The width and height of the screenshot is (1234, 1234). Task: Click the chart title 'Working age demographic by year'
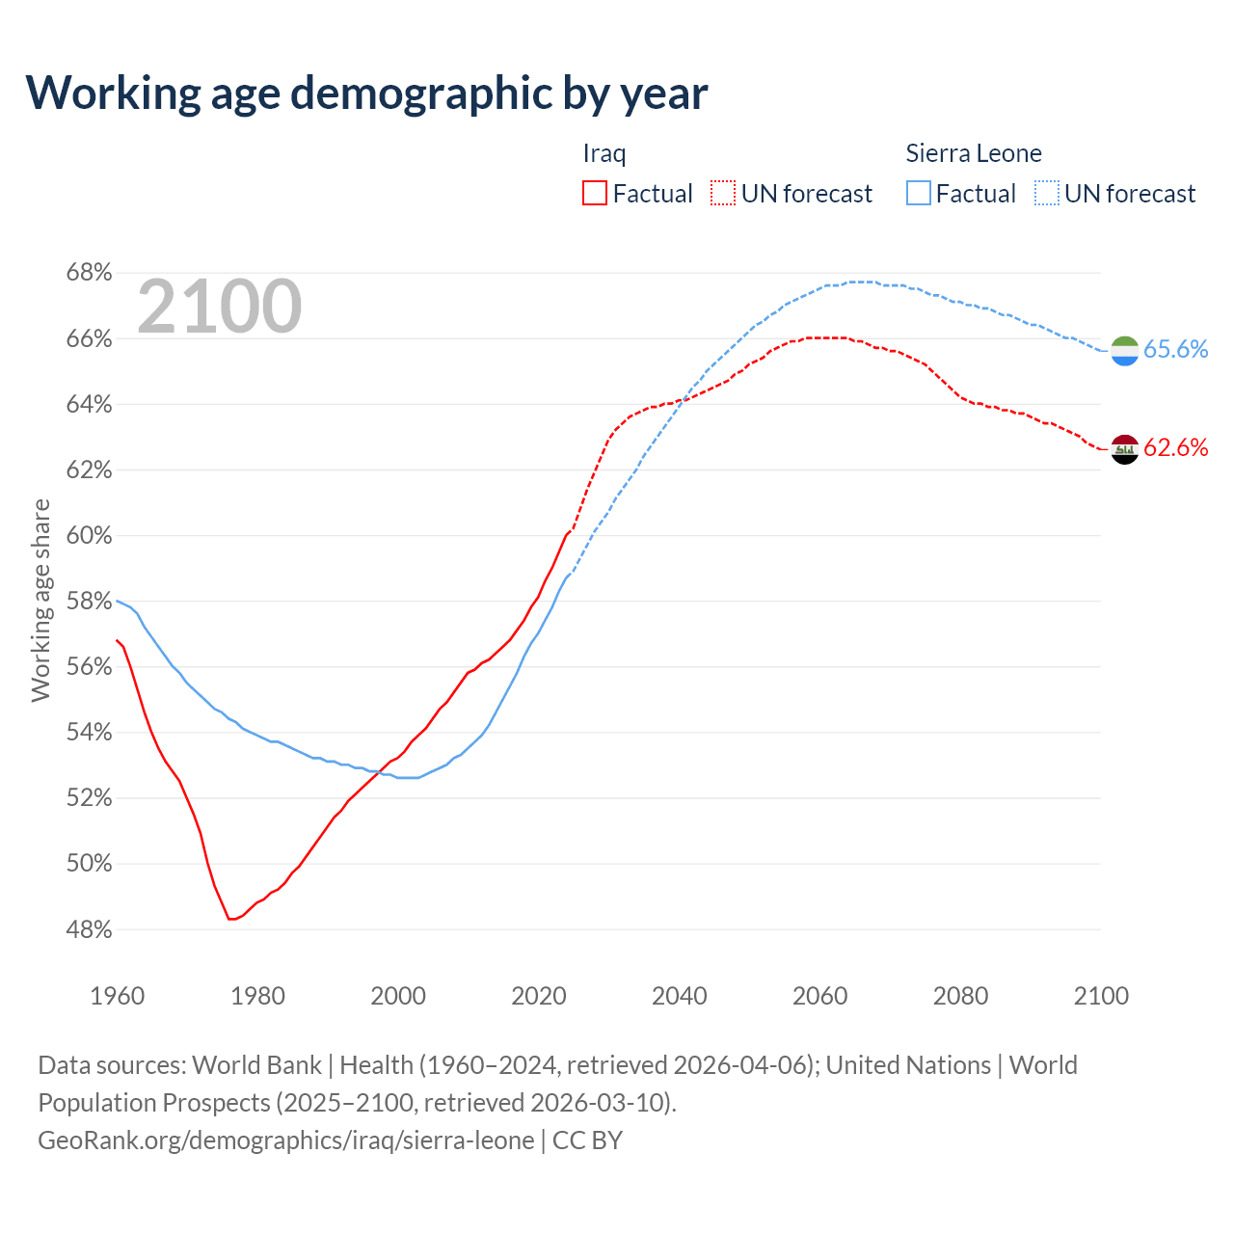(366, 93)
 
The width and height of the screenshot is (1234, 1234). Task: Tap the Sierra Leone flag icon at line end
(1124, 351)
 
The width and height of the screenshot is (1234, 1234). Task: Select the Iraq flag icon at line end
(1124, 449)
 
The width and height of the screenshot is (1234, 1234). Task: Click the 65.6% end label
(1175, 349)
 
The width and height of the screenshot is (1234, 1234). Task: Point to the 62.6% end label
(1175, 447)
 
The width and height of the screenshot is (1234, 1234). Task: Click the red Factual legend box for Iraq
(595, 194)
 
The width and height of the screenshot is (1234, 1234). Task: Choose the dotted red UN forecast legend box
(723, 194)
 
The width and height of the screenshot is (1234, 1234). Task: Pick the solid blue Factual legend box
(919, 194)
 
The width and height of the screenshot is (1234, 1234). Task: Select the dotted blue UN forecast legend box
(1047, 194)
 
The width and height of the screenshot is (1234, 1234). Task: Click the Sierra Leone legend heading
(974, 153)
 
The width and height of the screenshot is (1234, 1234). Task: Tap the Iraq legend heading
(604, 153)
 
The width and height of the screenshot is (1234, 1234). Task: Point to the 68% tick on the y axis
(89, 273)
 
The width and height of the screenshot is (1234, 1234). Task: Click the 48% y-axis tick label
(89, 930)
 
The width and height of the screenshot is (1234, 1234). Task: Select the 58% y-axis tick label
(89, 602)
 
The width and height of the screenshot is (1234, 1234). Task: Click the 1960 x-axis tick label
(117, 996)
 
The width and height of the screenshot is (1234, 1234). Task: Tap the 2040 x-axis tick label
(679, 996)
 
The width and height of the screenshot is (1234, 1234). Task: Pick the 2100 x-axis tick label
(1100, 996)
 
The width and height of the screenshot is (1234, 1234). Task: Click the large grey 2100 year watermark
(220, 307)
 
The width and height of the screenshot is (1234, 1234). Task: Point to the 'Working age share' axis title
(40, 601)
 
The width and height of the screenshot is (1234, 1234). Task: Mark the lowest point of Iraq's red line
(230, 919)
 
